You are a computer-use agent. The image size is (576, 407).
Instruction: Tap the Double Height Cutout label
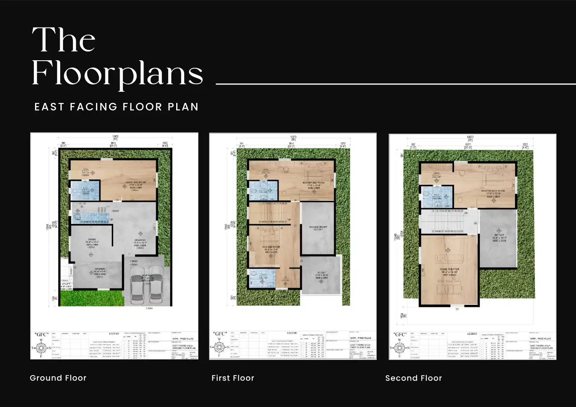pos(318,228)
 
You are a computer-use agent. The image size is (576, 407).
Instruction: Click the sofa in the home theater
pos(450,258)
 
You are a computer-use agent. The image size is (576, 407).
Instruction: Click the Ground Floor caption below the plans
pos(58,378)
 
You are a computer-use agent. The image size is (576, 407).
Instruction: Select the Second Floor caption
pos(413,378)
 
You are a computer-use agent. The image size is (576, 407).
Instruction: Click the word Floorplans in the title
pos(117,74)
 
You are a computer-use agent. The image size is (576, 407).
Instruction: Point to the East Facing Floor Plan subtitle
pos(116,107)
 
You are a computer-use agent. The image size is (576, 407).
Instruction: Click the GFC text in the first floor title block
pos(220,334)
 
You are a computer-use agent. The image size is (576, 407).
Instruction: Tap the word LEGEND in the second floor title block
pos(472,334)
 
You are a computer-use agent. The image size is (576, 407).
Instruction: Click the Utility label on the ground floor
pos(66,284)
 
